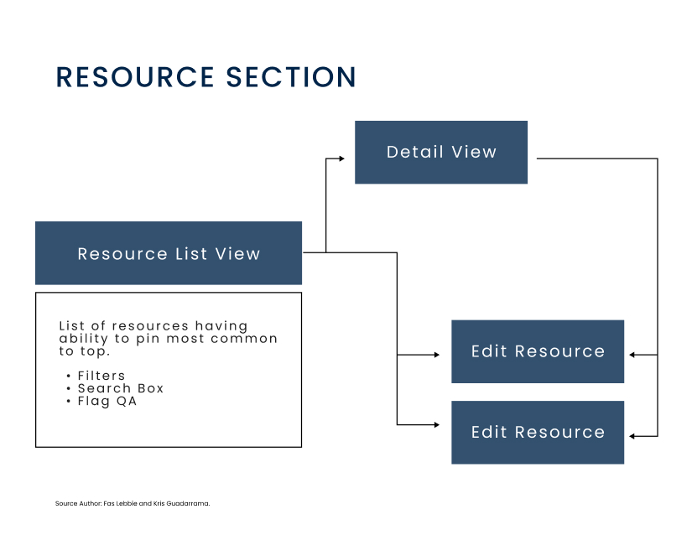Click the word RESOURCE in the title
[135, 77]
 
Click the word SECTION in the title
[291, 77]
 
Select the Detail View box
[441, 152]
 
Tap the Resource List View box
[169, 253]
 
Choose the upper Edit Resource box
[538, 351]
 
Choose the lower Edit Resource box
[538, 432]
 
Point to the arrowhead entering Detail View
[341, 158]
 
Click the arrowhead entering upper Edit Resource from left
[437, 355]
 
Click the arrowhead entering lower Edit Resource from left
[437, 425]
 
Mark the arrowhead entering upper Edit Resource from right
[632, 355]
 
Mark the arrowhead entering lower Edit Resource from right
[632, 436]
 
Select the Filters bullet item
[101, 376]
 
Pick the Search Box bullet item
[121, 388]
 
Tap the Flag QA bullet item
[107, 402]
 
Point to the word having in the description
[221, 326]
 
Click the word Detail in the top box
[415, 152]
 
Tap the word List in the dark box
[191, 254]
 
